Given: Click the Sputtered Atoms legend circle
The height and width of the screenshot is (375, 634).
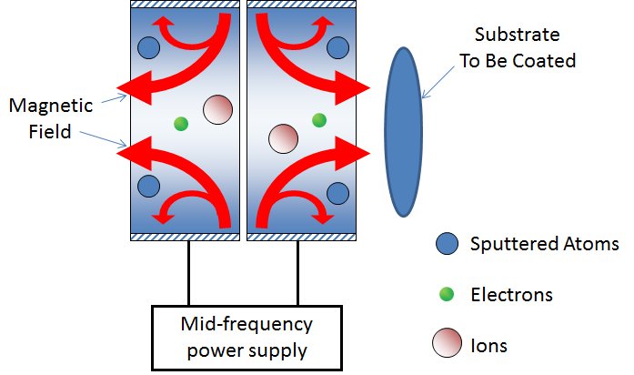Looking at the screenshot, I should [446, 244].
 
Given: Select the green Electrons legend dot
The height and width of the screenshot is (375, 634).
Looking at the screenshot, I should [446, 294].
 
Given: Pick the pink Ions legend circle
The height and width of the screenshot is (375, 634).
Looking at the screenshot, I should [446, 345].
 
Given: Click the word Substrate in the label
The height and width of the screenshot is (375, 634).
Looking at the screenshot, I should [514, 37].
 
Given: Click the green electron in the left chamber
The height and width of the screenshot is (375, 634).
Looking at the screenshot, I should [180, 123].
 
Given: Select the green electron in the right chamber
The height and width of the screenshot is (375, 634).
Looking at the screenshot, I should [318, 119].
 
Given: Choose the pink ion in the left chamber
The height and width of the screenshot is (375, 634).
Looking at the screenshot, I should [217, 109].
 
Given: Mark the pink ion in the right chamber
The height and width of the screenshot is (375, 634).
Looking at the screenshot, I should [283, 139].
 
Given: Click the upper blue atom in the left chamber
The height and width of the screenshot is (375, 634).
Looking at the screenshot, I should [148, 46].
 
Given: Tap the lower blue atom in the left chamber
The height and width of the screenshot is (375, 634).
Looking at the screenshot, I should [148, 187].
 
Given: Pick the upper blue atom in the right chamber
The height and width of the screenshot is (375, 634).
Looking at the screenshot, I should [337, 46].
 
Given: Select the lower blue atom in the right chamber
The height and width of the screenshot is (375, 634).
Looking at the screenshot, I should [337, 192].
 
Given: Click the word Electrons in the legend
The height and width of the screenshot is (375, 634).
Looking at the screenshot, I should [511, 295].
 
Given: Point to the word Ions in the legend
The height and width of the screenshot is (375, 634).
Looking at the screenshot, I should [488, 346].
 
